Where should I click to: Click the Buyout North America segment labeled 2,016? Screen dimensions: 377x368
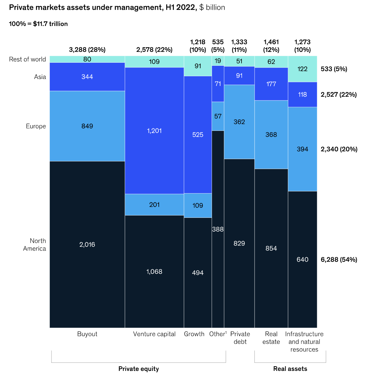pos(87,244)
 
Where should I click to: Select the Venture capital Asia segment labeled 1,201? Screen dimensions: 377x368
pos(154,131)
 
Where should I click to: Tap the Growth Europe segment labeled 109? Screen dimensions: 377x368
pos(198,205)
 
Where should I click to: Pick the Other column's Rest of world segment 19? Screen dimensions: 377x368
pos(218,61)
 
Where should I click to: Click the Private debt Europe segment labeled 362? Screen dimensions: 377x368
pos(239,122)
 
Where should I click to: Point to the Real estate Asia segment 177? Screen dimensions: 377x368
pos(271,84)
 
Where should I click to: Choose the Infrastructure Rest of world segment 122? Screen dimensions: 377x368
pos(302,69)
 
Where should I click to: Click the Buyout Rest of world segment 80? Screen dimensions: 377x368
pos(87,59)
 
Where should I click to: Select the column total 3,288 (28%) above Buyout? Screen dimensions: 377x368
pos(87,50)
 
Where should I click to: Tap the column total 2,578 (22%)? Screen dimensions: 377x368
pos(154,50)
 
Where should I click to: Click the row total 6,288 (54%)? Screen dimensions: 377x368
pos(339,259)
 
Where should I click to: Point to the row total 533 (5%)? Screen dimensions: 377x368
pos(334,69)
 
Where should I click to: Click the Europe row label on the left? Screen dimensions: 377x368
pos(36,126)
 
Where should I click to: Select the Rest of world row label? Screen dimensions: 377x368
pos(27,59)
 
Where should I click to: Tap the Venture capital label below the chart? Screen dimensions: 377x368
pos(154,334)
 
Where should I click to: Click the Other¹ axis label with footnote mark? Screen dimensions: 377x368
pos(218,334)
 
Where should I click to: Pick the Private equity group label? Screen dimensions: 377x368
pos(139,369)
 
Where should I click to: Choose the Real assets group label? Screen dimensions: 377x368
pos(290,369)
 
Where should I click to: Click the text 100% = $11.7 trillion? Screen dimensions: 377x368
pos(38,24)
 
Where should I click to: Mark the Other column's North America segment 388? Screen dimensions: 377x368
pos(218,229)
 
